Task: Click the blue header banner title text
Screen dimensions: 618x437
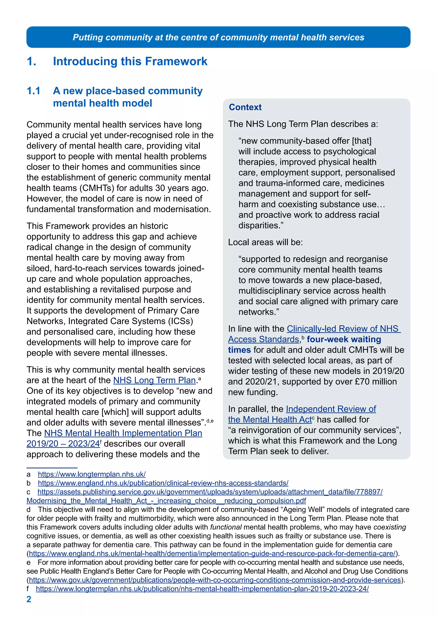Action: pyautogui.click(x=218, y=37)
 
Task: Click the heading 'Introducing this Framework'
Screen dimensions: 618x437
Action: pyautogui.click(x=130, y=61)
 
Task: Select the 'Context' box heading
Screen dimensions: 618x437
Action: pyautogui.click(x=245, y=107)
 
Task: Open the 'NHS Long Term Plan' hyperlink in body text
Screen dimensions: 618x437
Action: pyautogui.click(x=154, y=380)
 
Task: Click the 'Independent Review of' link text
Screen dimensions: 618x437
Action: pyautogui.click(x=331, y=409)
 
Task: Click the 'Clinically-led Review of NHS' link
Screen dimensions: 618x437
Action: pyautogui.click(x=343, y=329)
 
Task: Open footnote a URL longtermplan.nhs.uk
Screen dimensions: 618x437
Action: pyautogui.click(x=92, y=474)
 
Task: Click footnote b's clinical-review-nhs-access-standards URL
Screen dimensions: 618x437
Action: pyautogui.click(x=163, y=483)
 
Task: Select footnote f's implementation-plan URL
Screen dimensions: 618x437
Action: pyautogui.click(x=202, y=589)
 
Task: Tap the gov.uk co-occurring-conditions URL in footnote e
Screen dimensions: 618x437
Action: pyautogui.click(x=215, y=580)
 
